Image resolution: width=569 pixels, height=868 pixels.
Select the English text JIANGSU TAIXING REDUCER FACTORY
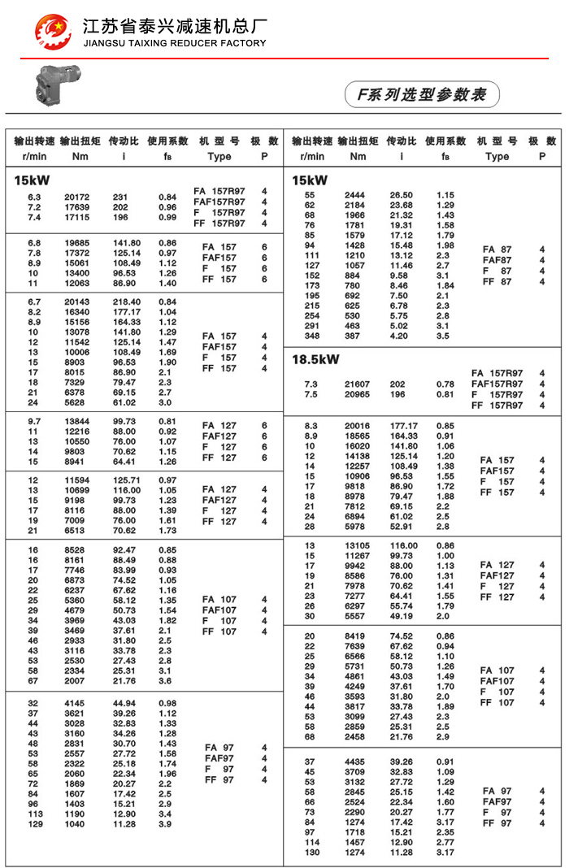[174, 43]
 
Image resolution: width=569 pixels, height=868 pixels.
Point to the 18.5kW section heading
[315, 359]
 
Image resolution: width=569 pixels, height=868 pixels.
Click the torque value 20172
[77, 197]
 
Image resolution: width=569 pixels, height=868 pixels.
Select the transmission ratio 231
[121, 197]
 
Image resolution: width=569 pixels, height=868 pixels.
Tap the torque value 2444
[355, 195]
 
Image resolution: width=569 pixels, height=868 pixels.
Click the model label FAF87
[497, 260]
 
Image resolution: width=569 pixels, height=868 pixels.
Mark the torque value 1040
[76, 824]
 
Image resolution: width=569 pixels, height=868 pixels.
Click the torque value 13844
[77, 421]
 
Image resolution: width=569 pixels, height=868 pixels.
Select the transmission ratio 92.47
[124, 549]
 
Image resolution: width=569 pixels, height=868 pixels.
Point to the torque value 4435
[356, 762]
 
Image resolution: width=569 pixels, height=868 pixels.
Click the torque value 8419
[356, 636]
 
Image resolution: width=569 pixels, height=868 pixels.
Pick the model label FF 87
[497, 282]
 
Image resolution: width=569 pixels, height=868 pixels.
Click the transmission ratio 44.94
[124, 703]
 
